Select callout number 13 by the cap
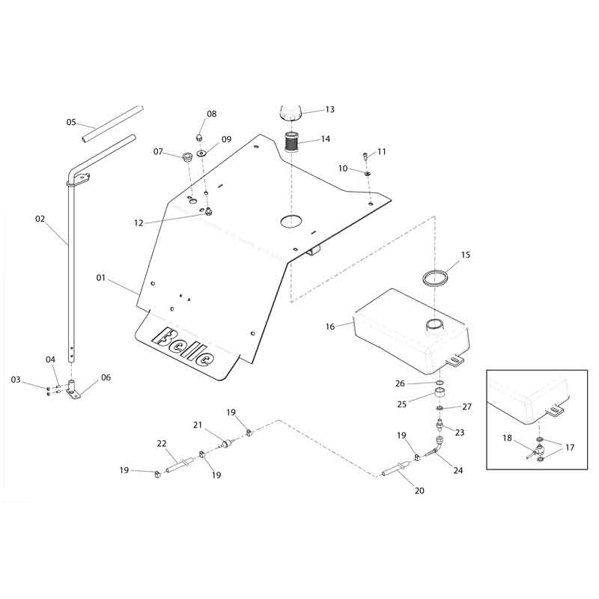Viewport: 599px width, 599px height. (329, 109)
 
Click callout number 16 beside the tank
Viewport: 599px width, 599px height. (330, 326)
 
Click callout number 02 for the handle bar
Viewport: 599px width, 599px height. (40, 219)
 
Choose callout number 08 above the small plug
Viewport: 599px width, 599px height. (212, 115)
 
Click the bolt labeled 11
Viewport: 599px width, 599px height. (365, 156)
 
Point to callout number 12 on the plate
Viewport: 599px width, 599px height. (138, 223)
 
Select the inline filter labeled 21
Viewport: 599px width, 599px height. (224, 446)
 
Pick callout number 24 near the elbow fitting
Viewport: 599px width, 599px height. (457, 471)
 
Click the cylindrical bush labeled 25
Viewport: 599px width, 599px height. (441, 393)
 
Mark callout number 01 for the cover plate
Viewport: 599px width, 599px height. (100, 279)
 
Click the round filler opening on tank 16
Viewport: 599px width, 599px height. (436, 325)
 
